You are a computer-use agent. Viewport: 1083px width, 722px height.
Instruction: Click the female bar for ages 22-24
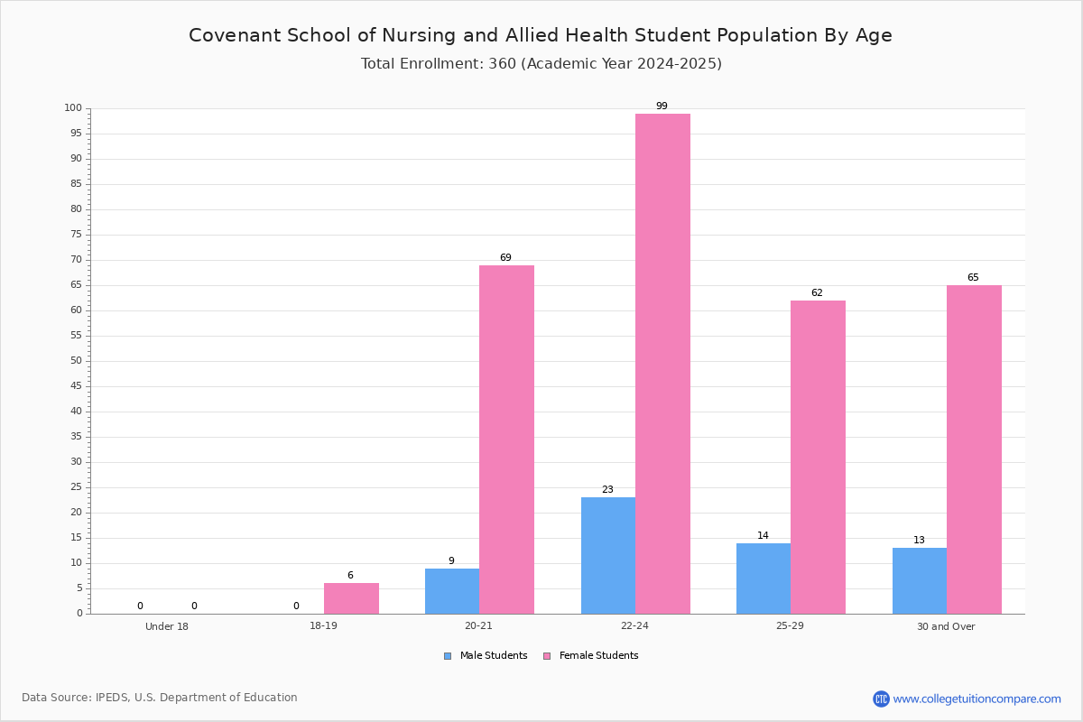(x=662, y=364)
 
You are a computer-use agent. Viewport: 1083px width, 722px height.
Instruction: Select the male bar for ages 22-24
(x=608, y=556)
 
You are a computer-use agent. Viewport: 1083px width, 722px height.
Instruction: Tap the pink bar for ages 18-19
(x=351, y=598)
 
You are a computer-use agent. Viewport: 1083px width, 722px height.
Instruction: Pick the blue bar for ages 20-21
(x=452, y=591)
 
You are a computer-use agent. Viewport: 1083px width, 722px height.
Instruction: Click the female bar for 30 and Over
(x=974, y=449)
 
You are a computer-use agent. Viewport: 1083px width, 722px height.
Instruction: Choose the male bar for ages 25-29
(x=764, y=579)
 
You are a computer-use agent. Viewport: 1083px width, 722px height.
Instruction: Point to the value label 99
(x=662, y=106)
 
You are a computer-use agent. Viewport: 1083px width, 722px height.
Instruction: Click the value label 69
(x=505, y=257)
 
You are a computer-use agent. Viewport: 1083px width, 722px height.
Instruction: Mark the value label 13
(x=919, y=540)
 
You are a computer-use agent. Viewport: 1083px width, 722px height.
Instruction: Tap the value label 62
(x=817, y=292)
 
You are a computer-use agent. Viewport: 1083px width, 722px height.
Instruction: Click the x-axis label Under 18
(x=167, y=626)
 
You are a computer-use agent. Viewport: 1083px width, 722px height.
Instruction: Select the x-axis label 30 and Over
(x=946, y=626)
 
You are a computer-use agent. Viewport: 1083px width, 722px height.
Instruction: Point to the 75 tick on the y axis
(x=77, y=235)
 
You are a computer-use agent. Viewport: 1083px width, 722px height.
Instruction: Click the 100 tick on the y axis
(x=73, y=107)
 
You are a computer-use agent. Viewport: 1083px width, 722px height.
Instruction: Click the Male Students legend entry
(x=486, y=655)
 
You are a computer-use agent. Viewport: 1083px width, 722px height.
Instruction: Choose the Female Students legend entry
(x=590, y=655)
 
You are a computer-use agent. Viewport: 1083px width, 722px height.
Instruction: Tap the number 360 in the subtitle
(x=502, y=63)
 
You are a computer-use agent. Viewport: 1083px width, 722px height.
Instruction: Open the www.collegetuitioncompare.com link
(x=977, y=699)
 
